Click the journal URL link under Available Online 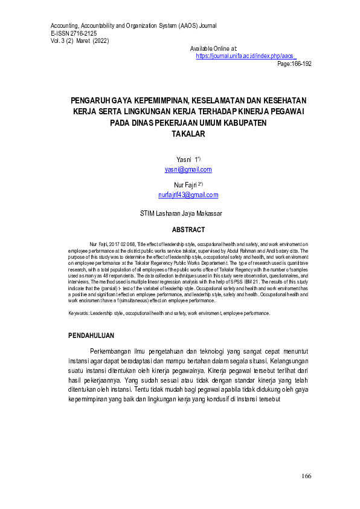[x=245, y=56]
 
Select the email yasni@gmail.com [x=188, y=170]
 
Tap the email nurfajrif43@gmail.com [x=188, y=195]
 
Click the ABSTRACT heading [x=188, y=230]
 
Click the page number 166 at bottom [x=306, y=476]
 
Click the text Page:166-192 [x=294, y=63]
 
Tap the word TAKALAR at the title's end [x=188, y=134]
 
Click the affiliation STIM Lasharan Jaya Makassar [x=189, y=213]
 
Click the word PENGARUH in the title [x=92, y=100]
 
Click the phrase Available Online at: [x=213, y=48]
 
